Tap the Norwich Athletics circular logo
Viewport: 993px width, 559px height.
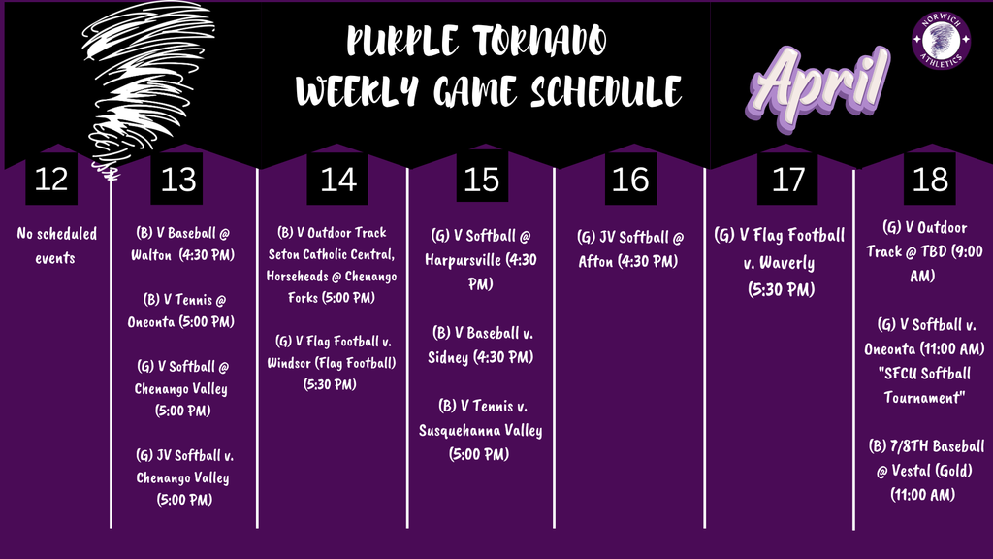point(942,41)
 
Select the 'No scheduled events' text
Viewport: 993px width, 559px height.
point(47,246)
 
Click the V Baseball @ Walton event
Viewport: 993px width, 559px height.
point(182,246)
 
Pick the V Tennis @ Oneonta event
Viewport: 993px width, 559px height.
point(182,310)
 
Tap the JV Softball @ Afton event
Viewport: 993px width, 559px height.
point(630,248)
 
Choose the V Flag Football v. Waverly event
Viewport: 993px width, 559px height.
point(780,262)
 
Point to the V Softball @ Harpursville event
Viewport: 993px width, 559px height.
point(481,261)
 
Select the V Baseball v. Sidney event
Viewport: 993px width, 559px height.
point(481,345)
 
